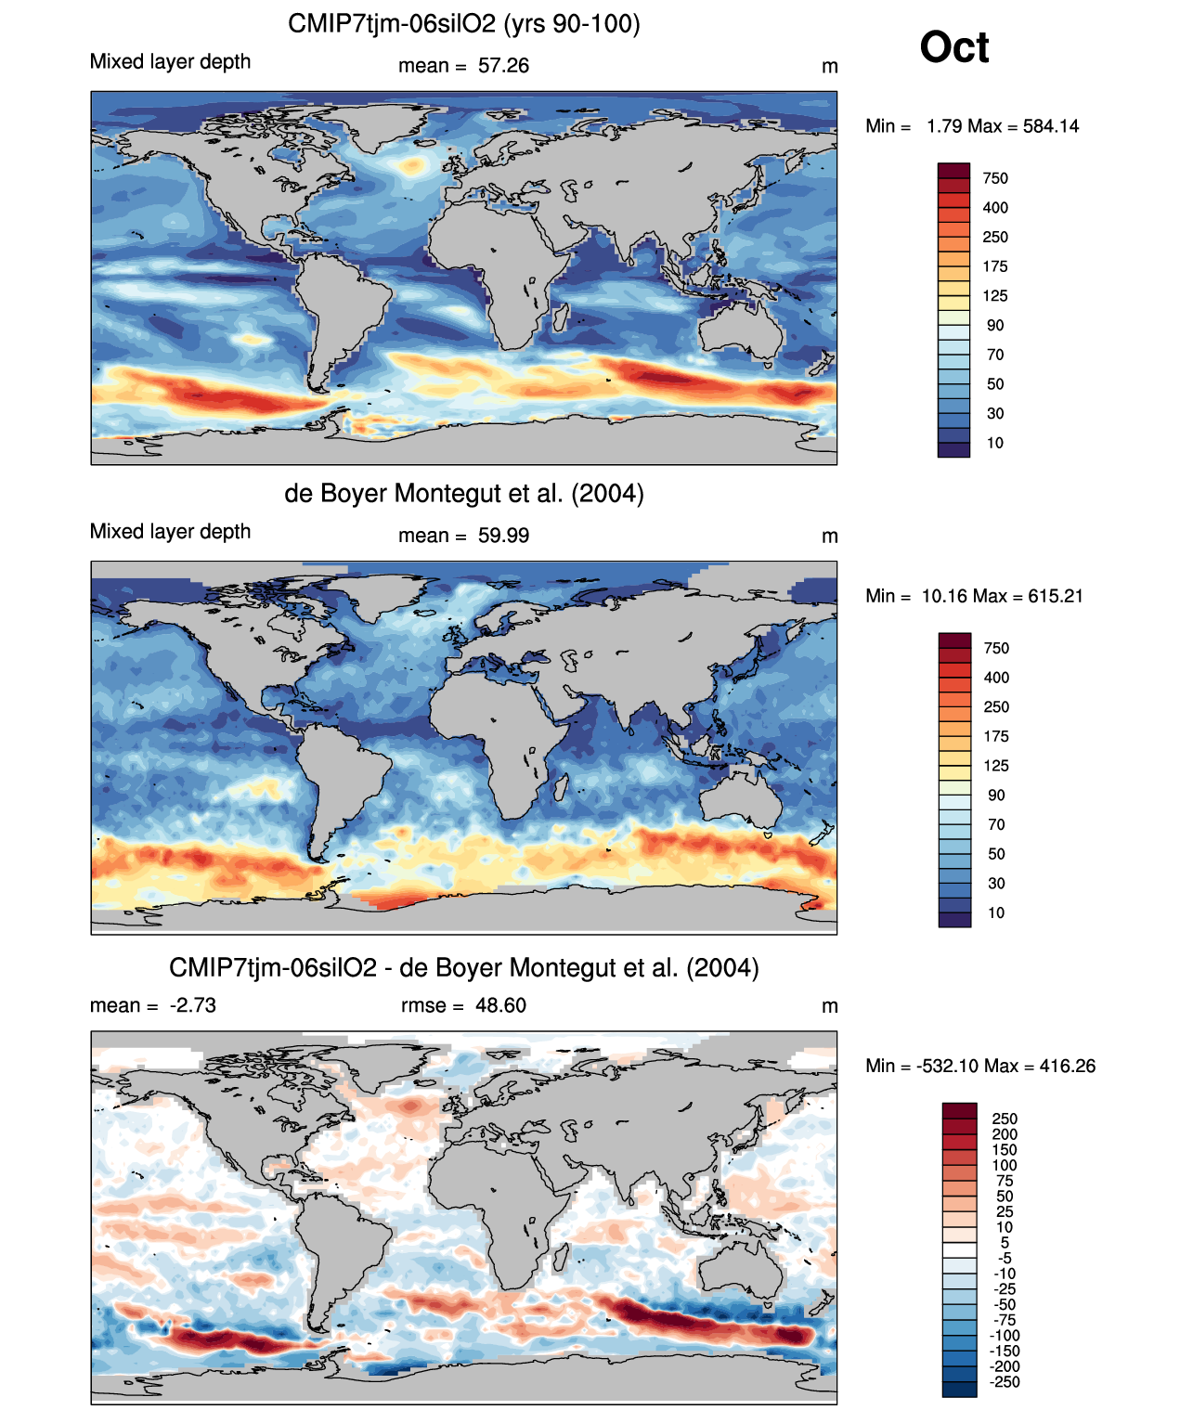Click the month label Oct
click(x=953, y=47)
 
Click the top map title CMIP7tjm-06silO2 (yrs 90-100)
click(x=463, y=23)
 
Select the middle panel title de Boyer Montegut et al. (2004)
click(x=463, y=493)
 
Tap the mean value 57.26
click(x=503, y=66)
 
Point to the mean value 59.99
click(x=503, y=536)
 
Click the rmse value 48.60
click(x=500, y=1005)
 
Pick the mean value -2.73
click(x=193, y=1005)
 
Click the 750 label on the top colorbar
click(x=994, y=178)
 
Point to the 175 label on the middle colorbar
click(x=996, y=736)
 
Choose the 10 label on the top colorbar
click(x=994, y=443)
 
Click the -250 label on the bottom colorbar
click(x=1004, y=1381)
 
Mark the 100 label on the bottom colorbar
click(x=1004, y=1165)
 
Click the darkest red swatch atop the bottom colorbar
click(x=959, y=1110)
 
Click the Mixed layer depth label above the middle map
click(x=170, y=531)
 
